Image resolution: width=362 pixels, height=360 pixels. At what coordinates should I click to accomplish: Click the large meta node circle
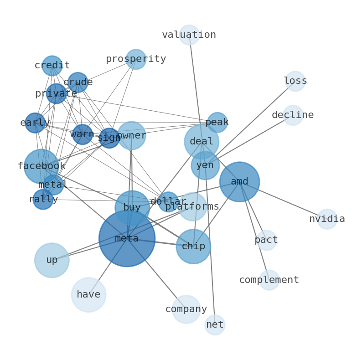click(127, 238)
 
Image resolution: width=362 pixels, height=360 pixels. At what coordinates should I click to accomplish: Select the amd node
click(239, 182)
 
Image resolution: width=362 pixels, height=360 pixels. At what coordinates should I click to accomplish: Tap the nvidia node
click(327, 219)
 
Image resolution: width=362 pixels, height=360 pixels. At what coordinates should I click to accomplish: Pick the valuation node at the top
click(189, 35)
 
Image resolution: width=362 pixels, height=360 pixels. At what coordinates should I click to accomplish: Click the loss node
click(295, 81)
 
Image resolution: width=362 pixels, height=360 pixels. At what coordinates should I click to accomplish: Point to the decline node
click(293, 115)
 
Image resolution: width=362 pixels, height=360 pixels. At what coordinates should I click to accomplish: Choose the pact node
click(267, 240)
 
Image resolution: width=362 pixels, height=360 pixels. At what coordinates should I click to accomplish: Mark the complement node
click(269, 280)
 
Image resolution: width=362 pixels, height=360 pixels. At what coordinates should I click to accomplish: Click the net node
click(215, 325)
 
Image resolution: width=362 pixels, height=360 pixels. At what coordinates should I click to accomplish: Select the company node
click(186, 309)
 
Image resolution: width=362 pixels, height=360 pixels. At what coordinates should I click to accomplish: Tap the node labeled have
click(88, 295)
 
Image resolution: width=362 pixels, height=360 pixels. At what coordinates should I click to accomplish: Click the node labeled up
click(52, 260)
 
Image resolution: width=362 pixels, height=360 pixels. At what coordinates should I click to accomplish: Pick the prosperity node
click(136, 59)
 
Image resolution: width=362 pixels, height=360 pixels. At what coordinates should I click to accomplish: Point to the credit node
click(52, 66)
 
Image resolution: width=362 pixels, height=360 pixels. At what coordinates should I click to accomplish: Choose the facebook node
click(41, 166)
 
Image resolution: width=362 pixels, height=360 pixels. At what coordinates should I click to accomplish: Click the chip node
click(193, 247)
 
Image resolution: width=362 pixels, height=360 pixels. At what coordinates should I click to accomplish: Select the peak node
click(217, 123)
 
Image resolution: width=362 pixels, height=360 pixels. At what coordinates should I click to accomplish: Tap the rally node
click(43, 200)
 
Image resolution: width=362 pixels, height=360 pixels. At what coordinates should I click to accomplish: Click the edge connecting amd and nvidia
click(283, 200)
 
